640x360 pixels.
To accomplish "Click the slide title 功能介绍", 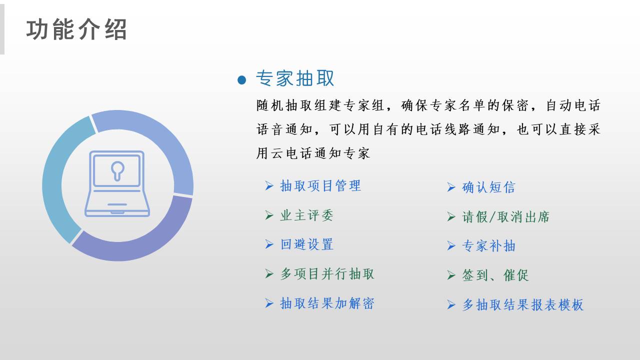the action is coord(76,29).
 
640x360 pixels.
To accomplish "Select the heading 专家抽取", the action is coord(295,78).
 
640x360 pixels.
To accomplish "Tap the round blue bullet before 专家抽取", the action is coord(241,80).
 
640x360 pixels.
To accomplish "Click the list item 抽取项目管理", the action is coord(320,185).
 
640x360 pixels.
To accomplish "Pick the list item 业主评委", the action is coord(306,215).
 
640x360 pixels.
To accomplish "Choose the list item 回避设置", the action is coord(307,244).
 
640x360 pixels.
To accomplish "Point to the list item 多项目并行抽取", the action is coord(327,273).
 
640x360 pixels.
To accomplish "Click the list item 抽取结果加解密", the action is coord(327,303).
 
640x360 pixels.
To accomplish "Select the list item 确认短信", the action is coord(488,187).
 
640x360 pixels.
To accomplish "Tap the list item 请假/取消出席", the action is coord(505,217).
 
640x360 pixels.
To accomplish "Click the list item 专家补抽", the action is coord(488,246).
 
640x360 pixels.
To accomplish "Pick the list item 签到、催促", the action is coord(495,275).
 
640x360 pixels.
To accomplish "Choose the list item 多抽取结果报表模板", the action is coord(523,305).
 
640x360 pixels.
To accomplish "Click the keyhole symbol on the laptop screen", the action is coord(117,171).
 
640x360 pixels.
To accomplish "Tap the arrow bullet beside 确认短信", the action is coord(451,187).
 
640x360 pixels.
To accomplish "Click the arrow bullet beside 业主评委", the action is coord(269,215).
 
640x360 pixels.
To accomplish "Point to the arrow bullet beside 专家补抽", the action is coord(451,246).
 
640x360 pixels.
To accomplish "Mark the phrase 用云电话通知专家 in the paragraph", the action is coord(313,153).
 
